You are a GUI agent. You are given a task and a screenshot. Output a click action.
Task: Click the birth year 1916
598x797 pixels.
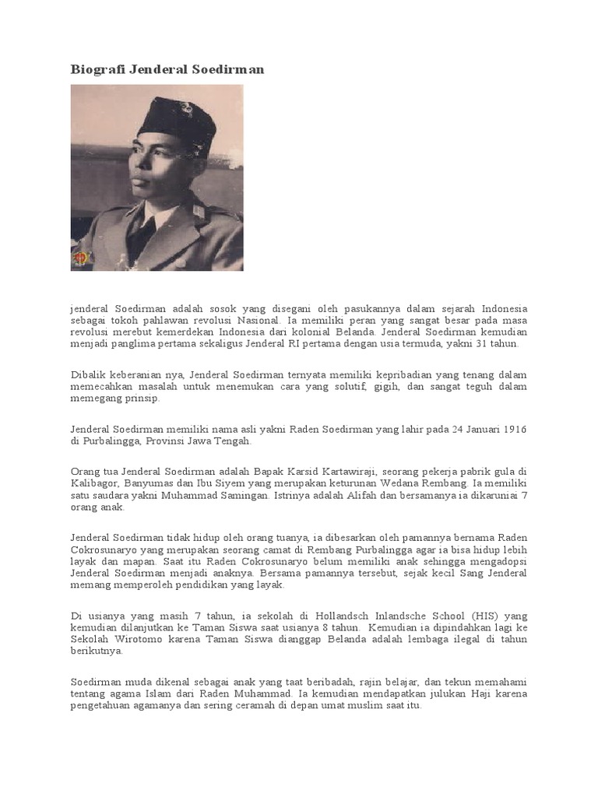514,429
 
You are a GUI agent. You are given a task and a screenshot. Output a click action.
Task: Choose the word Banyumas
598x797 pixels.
149,483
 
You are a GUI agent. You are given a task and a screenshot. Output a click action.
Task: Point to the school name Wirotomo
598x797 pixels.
136,639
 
